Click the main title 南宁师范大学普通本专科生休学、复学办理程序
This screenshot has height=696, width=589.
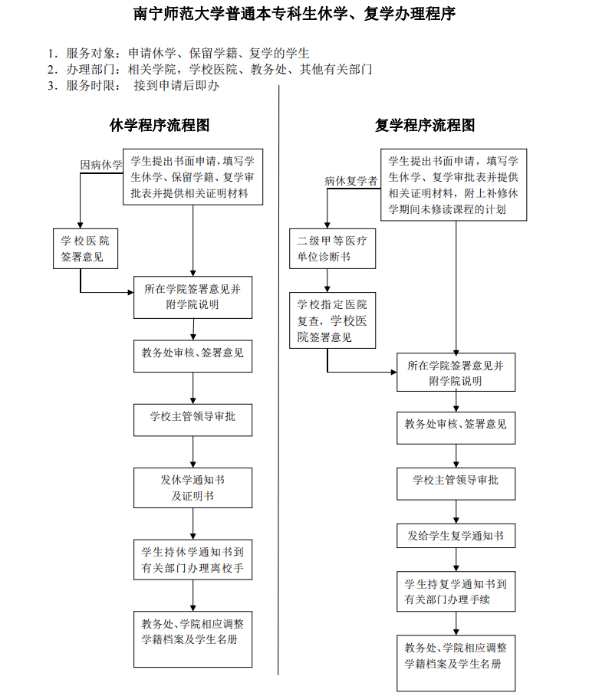[294, 15]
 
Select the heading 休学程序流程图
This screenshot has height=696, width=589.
[160, 126]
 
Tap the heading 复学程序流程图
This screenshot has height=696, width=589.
[425, 126]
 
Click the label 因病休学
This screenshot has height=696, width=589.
[101, 165]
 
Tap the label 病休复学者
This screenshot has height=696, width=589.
[350, 181]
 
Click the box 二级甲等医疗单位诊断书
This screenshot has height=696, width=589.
[331, 248]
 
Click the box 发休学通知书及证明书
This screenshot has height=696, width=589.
[192, 488]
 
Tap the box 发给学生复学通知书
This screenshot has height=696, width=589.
[456, 536]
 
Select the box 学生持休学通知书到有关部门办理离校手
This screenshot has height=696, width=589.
[192, 560]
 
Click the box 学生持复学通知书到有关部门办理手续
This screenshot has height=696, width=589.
[456, 591]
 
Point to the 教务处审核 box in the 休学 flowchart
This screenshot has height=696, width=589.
[192, 353]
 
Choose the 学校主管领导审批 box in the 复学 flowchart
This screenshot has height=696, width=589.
[456, 480]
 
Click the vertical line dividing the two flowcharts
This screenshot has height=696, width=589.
[278, 383]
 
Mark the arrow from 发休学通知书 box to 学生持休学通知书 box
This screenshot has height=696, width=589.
[192, 524]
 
